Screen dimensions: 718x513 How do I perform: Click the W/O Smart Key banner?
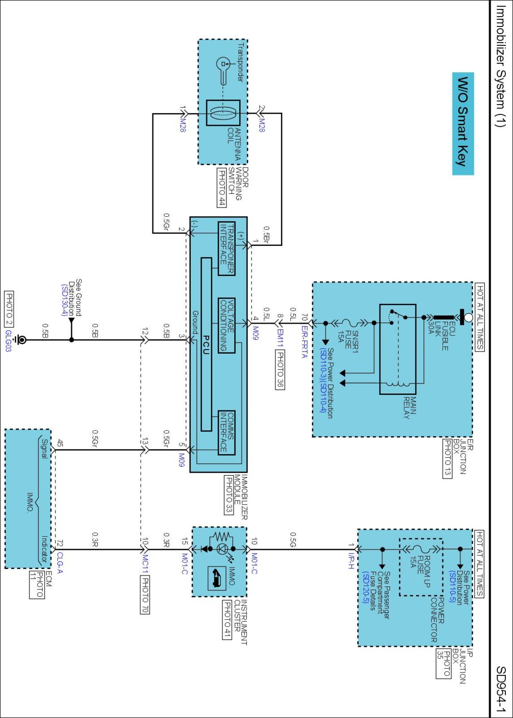[463, 123]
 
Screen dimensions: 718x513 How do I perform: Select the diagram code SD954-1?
[501, 689]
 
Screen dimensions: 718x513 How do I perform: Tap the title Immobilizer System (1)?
[500, 66]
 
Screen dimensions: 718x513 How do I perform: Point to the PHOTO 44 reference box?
[222, 187]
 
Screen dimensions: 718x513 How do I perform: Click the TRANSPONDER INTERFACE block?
[227, 248]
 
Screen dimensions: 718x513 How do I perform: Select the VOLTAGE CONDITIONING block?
[227, 325]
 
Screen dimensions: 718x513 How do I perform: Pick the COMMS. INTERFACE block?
[227, 433]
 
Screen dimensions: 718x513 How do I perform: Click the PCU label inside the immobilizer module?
[206, 345]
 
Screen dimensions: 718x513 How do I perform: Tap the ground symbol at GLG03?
[22, 340]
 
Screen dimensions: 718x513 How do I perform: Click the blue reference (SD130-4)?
[64, 300]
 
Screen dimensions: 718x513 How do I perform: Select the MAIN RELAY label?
[410, 407]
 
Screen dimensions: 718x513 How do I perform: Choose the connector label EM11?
[280, 338]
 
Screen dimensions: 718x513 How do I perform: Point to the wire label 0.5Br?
[266, 234]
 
